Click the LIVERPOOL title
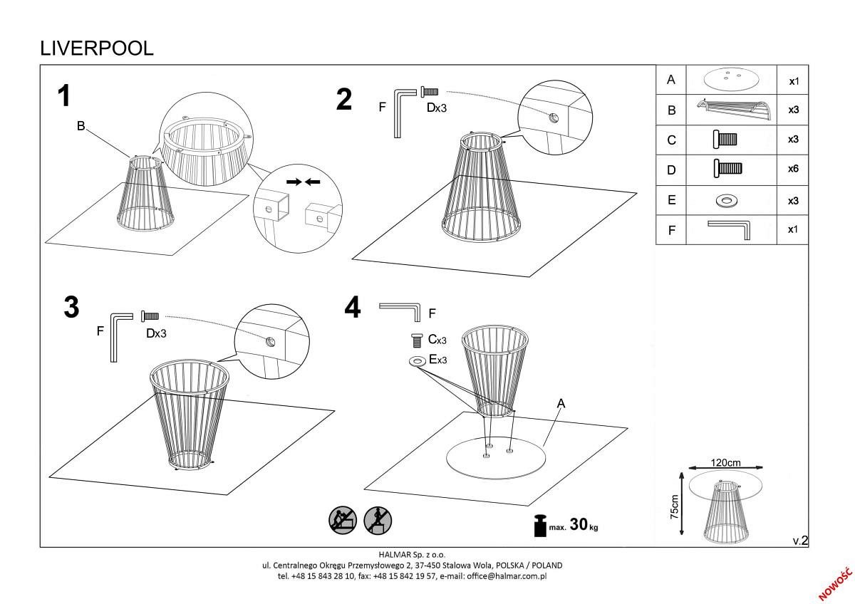(96, 48)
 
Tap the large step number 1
(65, 96)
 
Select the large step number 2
(344, 100)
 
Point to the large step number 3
(71, 307)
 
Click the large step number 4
(353, 308)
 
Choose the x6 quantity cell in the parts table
(793, 169)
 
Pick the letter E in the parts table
(670, 200)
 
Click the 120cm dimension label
(725, 462)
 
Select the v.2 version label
(800, 541)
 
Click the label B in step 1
(81, 127)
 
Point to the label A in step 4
(561, 403)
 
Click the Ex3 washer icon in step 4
(417, 362)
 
